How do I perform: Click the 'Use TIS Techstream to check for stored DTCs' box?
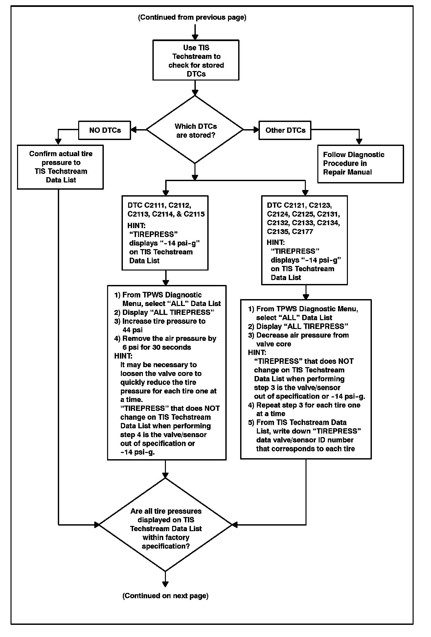pos(196,60)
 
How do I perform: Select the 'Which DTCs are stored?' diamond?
pos(195,130)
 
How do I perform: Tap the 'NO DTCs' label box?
pos(105,130)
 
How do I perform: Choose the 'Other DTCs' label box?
pos(285,130)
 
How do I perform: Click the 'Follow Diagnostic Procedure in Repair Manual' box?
pos(360,164)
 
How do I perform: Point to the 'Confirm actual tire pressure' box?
pos(60,167)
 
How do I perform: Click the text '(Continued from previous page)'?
pos(192,17)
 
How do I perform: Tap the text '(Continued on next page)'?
pos(165,596)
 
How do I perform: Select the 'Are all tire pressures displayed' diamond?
pos(166,525)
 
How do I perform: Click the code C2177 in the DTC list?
pos(302,232)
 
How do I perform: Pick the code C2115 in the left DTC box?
pos(194,214)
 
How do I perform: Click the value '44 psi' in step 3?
pos(133,330)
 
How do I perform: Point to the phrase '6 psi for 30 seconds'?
pos(157,347)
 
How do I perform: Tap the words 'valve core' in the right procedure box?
pos(274,344)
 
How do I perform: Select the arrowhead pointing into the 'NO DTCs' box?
pos(134,130)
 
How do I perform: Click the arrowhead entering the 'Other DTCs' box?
pos(256,130)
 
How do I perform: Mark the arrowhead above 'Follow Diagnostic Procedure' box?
pos(359,141)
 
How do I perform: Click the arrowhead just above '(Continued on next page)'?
pos(165,584)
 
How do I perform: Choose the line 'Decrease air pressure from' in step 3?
pos(302,335)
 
